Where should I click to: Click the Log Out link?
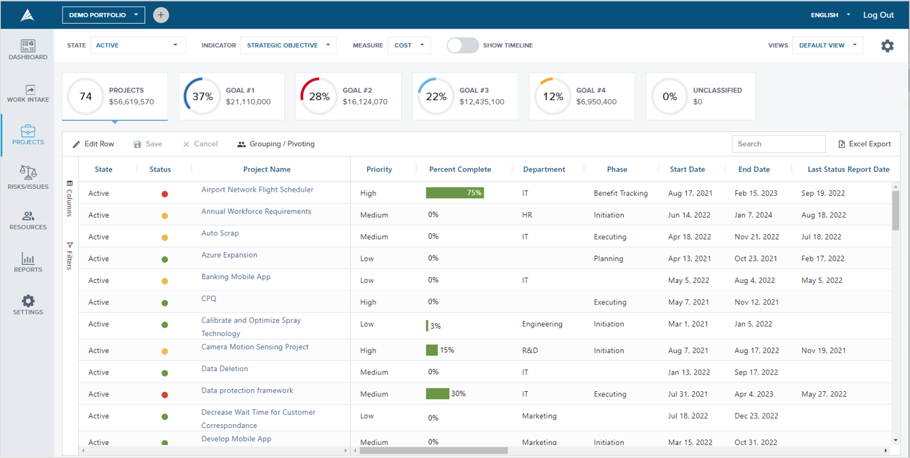tap(878, 15)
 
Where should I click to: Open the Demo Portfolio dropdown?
tap(103, 15)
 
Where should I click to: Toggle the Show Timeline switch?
tap(462, 45)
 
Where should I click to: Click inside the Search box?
tap(778, 144)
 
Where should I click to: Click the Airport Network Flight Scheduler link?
tap(257, 190)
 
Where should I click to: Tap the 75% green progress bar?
tap(454, 193)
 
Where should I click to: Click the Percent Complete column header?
tap(460, 169)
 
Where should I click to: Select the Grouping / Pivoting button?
tap(276, 144)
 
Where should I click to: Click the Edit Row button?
tap(93, 144)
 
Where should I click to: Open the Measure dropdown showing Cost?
tap(409, 45)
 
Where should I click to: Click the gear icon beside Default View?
tap(887, 46)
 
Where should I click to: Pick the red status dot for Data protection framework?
tap(164, 394)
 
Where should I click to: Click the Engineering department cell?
tap(542, 324)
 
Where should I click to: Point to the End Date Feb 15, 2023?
tap(755, 193)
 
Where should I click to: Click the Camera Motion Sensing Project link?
tap(255, 347)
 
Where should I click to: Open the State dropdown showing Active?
tap(137, 45)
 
